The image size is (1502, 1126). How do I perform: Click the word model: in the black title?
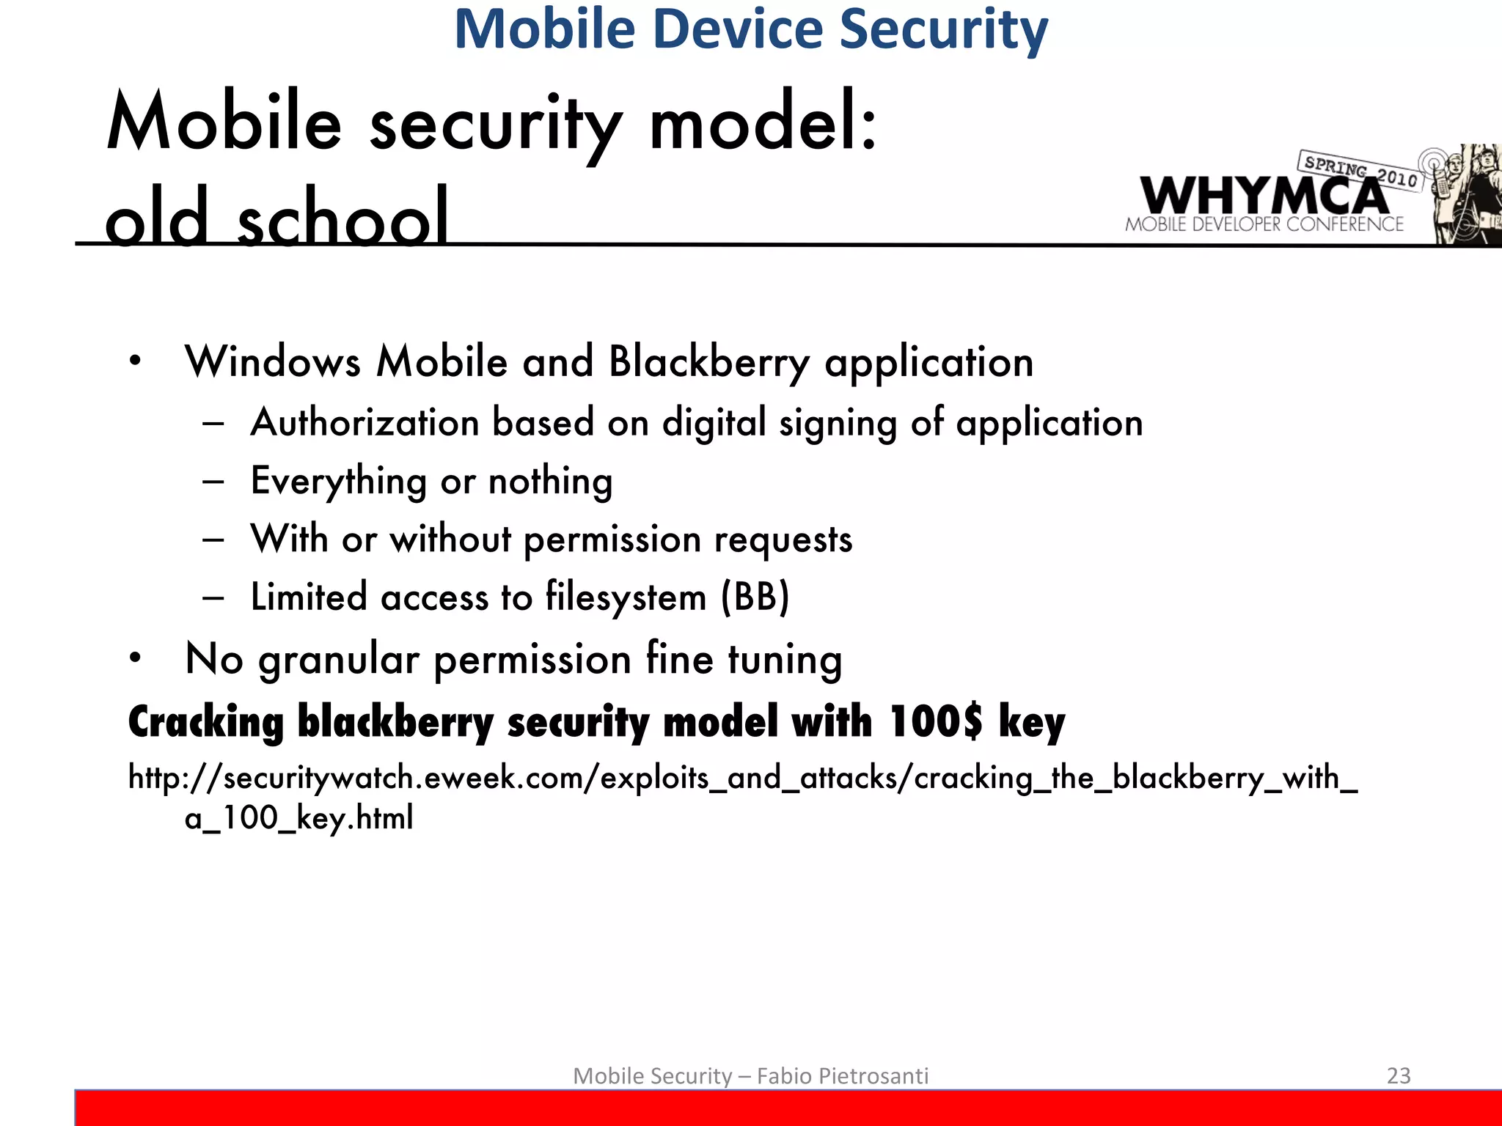point(763,123)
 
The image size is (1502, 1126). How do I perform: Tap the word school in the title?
point(342,217)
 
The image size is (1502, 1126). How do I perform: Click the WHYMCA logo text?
point(1264,196)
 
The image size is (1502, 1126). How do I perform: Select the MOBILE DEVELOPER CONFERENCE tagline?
point(1264,224)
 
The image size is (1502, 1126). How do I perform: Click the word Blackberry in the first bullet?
point(708,362)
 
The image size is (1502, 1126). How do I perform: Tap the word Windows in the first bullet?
point(273,362)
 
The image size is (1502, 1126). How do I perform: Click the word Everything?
point(338,482)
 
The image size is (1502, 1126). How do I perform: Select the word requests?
point(783,540)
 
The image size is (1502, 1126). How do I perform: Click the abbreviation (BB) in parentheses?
point(755,597)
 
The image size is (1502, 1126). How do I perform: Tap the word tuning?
point(785,659)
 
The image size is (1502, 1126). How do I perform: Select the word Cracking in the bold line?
point(206,721)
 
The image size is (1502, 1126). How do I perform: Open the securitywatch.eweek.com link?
point(742,778)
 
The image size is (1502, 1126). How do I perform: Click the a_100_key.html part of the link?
point(299,817)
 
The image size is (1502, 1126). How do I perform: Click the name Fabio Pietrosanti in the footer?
point(842,1075)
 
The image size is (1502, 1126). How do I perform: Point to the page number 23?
point(1399,1075)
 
